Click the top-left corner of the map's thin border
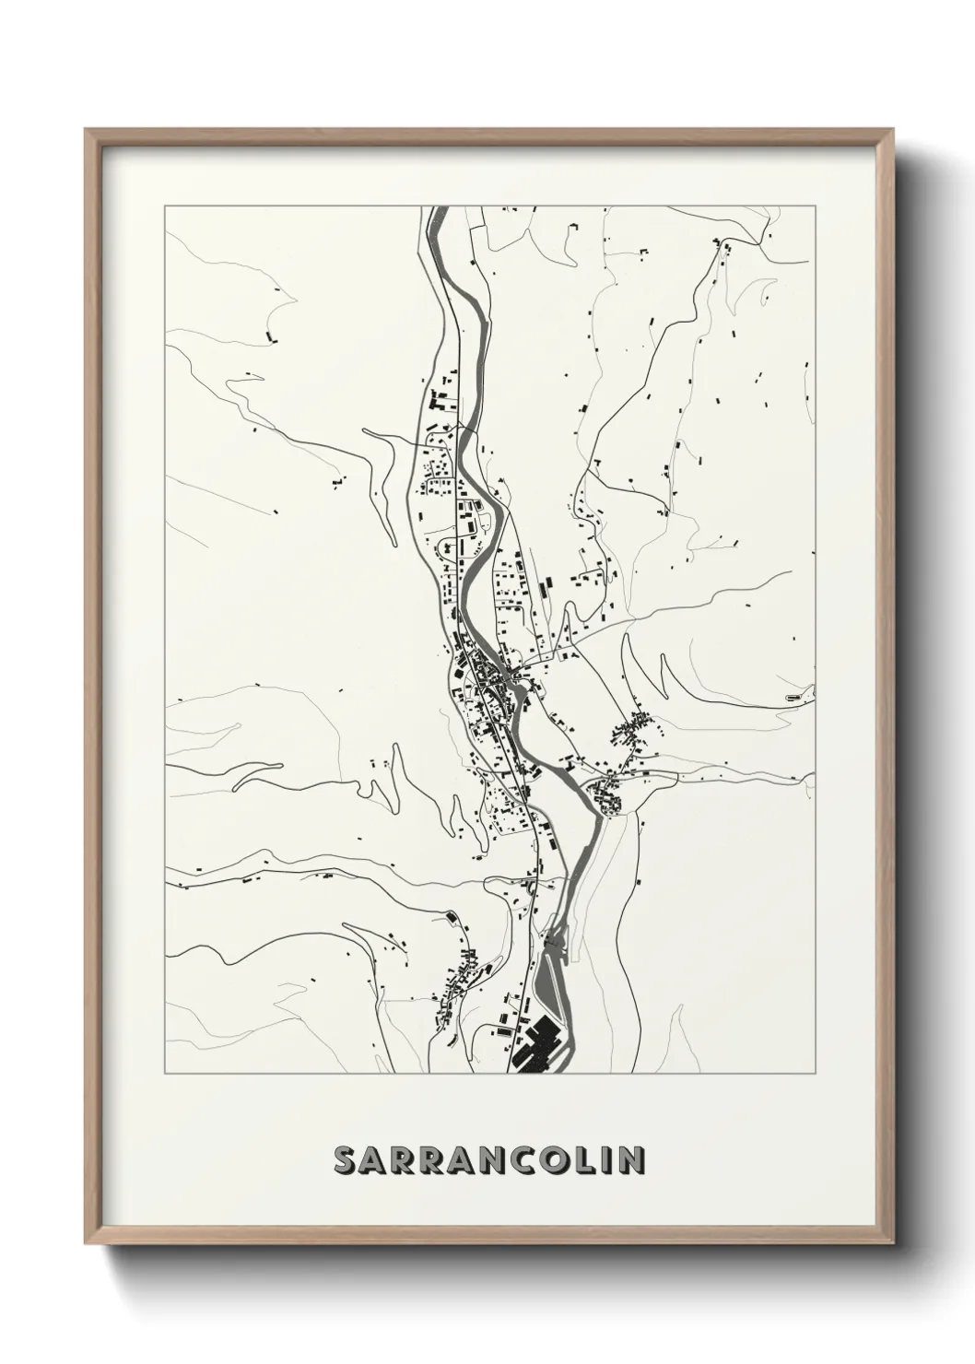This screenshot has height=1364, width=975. pyautogui.click(x=164, y=206)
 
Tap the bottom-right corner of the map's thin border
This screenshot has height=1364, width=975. pyautogui.click(x=816, y=1074)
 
